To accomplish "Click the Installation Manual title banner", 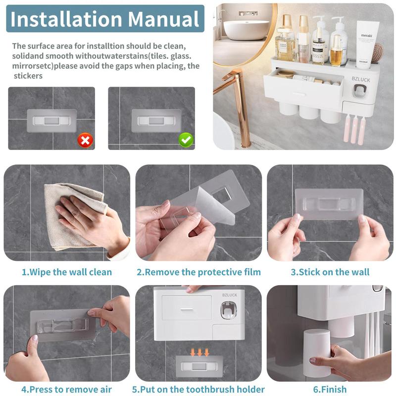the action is [105, 19].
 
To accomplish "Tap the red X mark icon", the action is [85, 140].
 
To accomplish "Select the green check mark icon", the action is [186, 140].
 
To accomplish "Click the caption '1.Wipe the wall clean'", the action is [67, 272].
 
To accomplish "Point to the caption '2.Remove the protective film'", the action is [199, 272].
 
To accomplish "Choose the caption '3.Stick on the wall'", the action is [330, 272].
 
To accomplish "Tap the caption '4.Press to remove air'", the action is [66, 389].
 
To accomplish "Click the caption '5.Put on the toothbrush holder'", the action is [198, 389].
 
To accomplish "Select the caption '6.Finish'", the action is [330, 389].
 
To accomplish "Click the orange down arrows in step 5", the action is [200, 352].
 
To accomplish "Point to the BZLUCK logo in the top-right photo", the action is [361, 80].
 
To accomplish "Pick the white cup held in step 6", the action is [317, 353].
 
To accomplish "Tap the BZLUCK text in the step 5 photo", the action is [230, 295].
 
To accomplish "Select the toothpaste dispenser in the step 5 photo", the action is [229, 310].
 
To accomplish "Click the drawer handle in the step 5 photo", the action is [187, 309].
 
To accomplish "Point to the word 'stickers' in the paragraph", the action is [28, 76].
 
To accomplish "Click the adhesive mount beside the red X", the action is [52, 121].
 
